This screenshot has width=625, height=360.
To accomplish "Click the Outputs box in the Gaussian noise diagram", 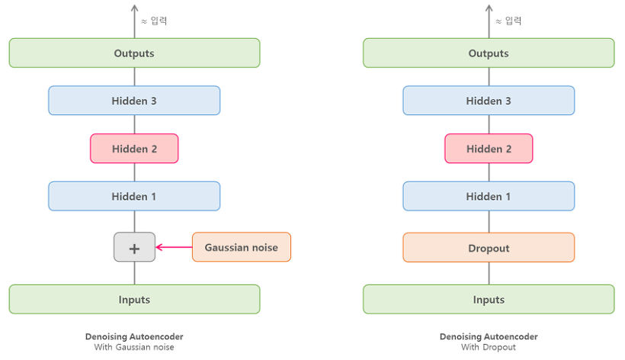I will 134,53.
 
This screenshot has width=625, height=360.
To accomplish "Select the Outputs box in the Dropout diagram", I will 489,53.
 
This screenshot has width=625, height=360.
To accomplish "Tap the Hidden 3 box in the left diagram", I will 134,101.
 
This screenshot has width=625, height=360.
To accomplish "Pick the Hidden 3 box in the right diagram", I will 489,101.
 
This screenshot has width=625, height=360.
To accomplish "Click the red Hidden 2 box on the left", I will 134,149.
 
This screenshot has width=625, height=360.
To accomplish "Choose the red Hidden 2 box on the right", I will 489,149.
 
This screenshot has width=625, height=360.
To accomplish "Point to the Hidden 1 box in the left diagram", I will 134,196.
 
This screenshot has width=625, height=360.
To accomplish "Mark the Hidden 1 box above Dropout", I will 489,196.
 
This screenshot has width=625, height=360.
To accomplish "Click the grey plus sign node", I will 135,247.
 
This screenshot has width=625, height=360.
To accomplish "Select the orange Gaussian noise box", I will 241,247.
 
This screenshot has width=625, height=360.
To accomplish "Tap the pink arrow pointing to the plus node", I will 174,247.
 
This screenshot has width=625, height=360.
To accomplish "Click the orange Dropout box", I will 489,248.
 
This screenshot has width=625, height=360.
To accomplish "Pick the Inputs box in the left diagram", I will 134,299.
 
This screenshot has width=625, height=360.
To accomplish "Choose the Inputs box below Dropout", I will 489,299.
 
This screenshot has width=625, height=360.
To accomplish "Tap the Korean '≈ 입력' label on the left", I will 154,21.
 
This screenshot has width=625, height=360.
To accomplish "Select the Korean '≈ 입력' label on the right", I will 508,21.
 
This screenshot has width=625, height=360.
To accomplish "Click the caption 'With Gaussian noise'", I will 134,348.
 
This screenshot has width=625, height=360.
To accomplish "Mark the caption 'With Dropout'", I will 489,348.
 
